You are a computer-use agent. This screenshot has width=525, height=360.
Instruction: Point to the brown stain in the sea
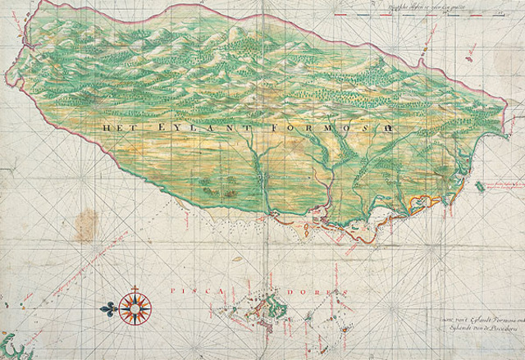tap(84, 221)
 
